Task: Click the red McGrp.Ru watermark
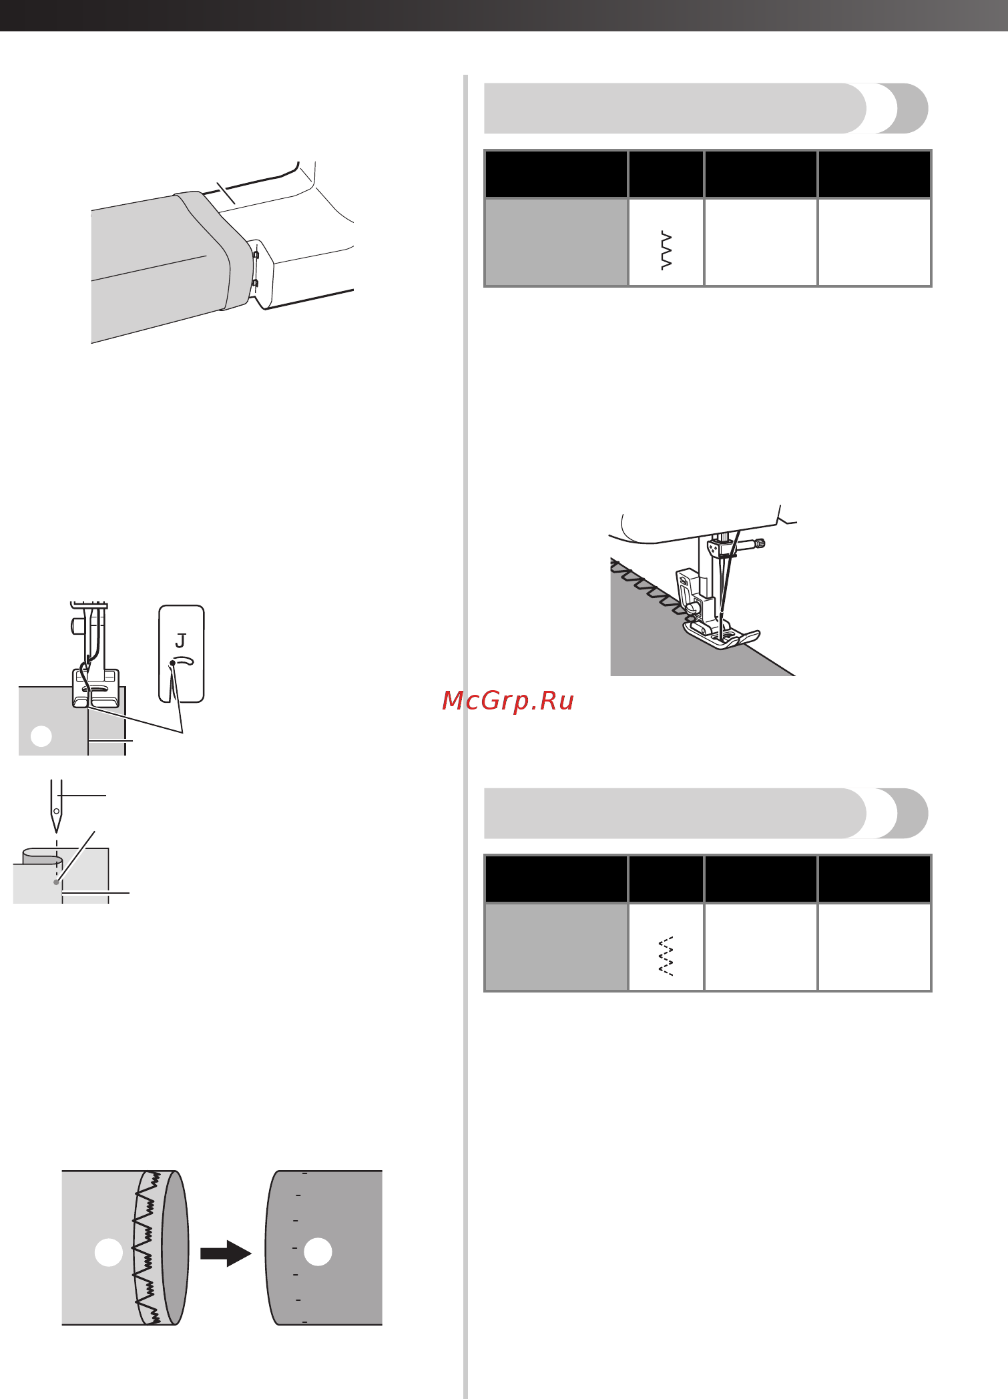(x=508, y=701)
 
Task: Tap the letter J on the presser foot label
(x=180, y=641)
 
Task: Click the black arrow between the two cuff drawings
(x=226, y=1253)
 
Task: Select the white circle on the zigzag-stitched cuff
(x=109, y=1252)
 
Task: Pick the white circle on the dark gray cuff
(x=318, y=1251)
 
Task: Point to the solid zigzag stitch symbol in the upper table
(x=666, y=251)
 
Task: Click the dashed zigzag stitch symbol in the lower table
(x=666, y=956)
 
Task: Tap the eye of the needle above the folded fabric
(x=57, y=812)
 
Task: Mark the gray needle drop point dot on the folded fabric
(x=56, y=882)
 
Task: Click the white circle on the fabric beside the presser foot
(x=41, y=736)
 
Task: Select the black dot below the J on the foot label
(x=172, y=663)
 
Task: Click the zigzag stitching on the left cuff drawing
(x=147, y=1247)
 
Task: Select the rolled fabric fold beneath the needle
(x=41, y=856)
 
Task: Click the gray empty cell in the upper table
(x=556, y=242)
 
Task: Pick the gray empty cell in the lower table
(x=556, y=947)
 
